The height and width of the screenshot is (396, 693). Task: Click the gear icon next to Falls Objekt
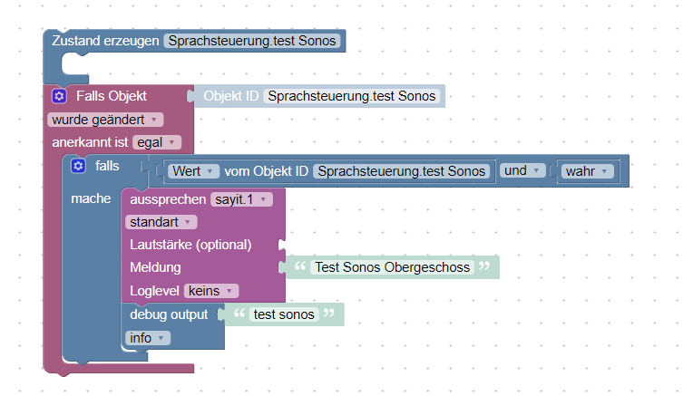(59, 96)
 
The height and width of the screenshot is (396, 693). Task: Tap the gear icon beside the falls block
(78, 166)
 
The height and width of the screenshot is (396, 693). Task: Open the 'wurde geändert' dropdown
(105, 120)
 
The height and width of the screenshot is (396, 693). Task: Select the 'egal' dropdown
(156, 142)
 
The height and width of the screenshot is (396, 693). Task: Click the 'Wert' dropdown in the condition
(193, 171)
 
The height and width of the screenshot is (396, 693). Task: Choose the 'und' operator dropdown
(522, 170)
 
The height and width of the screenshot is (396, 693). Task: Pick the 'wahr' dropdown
(587, 171)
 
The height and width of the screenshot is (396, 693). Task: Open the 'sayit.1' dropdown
(241, 199)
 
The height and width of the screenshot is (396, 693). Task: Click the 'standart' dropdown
(161, 222)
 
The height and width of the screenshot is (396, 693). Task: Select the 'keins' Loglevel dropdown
(210, 291)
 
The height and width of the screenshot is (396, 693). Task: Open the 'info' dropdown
(148, 338)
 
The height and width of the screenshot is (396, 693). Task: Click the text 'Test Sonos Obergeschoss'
(393, 267)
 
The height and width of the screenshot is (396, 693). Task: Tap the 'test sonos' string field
(284, 314)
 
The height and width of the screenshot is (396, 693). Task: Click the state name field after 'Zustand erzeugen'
(252, 41)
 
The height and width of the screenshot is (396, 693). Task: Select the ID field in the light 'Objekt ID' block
(352, 96)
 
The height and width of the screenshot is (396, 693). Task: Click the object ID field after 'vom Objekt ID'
(402, 171)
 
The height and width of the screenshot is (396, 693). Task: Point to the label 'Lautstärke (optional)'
(190, 245)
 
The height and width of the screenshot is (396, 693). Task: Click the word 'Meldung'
(155, 267)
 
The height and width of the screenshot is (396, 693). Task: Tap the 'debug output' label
(169, 314)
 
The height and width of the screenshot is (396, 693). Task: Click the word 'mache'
(91, 198)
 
